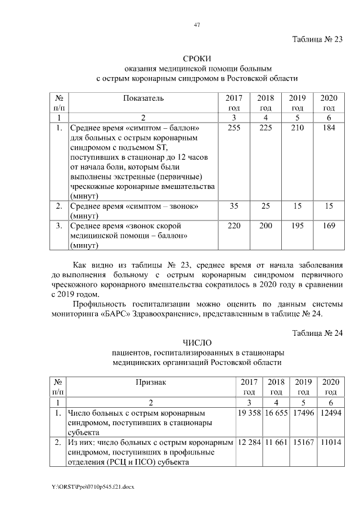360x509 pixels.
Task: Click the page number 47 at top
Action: coord(197,25)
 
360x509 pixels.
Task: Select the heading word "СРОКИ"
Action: coord(196,59)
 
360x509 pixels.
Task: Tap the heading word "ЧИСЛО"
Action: coord(196,343)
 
